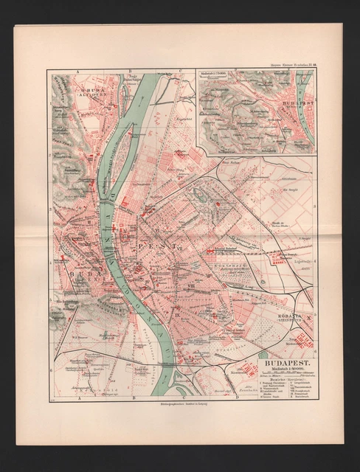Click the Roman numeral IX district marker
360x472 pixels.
177,314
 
